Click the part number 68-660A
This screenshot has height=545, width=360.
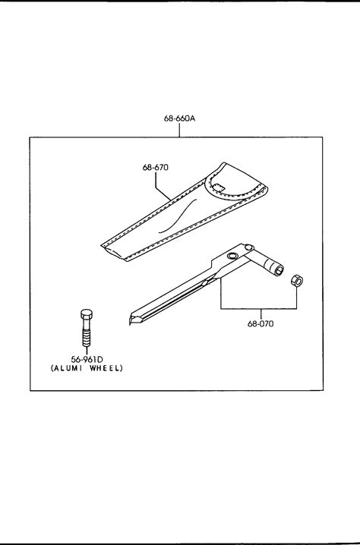click(179, 118)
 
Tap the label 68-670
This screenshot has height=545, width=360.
click(155, 167)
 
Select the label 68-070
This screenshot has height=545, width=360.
click(261, 323)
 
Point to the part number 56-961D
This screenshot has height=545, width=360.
click(87, 359)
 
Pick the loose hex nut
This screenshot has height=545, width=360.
click(297, 280)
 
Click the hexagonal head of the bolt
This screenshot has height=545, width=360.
click(87, 314)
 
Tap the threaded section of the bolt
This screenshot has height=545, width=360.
click(87, 337)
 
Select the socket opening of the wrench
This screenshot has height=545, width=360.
click(279, 270)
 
